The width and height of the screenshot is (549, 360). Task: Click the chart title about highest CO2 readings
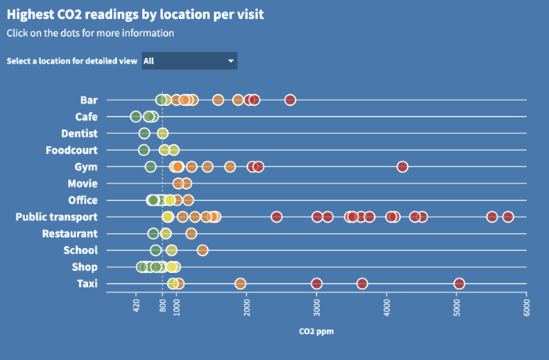click(x=135, y=14)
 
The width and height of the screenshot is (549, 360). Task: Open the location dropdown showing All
click(x=189, y=61)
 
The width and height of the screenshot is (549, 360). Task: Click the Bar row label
click(x=89, y=100)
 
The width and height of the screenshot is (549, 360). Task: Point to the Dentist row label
click(x=79, y=133)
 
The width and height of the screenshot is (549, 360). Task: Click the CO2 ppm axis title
click(x=316, y=332)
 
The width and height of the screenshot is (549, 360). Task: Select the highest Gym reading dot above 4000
click(x=402, y=166)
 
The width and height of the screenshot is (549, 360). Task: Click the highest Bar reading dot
click(x=290, y=100)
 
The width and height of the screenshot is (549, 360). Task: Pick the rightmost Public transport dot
click(x=508, y=217)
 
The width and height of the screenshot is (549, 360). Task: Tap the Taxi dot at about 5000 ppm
click(x=460, y=284)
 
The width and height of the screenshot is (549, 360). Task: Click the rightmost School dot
click(x=202, y=250)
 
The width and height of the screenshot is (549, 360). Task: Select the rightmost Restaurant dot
click(x=191, y=234)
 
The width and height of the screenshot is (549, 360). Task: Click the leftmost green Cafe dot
click(x=136, y=117)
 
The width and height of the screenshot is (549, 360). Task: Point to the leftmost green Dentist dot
click(x=144, y=133)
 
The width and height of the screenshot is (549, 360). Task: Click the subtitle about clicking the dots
click(x=90, y=33)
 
